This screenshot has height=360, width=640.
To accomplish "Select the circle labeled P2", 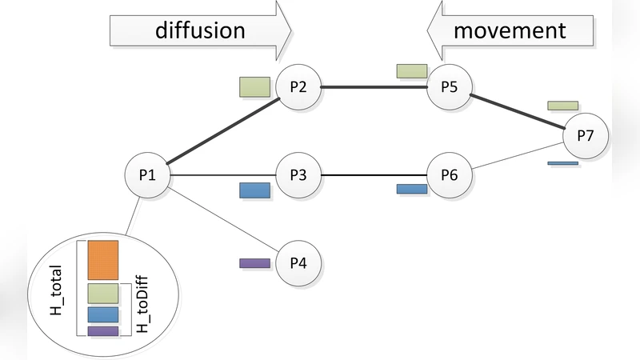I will click(298, 87).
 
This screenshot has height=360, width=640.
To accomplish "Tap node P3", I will click(298, 175).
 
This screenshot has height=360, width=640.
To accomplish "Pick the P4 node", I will click(298, 263).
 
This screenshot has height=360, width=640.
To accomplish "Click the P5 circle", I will click(449, 87).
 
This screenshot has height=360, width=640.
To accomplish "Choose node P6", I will click(449, 175).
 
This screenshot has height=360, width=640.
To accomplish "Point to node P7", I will click(586, 135).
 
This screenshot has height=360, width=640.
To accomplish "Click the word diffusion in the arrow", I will click(199, 30).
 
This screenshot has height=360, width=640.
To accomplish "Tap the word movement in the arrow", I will click(510, 30).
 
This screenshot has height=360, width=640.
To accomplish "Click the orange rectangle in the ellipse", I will click(103, 259).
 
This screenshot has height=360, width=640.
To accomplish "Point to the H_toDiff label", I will click(143, 307).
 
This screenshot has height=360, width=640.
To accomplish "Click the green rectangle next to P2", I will click(254, 86).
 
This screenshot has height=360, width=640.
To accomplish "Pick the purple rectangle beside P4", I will click(254, 262).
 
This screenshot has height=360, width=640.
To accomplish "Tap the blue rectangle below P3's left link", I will click(254, 190).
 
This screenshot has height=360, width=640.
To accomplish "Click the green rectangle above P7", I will click(562, 106).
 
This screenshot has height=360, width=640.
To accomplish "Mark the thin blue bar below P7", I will click(562, 163).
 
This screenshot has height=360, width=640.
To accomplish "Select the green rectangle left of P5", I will click(411, 71).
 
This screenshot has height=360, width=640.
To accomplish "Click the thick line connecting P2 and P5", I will click(374, 87).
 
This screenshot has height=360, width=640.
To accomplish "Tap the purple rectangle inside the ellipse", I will click(103, 330).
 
